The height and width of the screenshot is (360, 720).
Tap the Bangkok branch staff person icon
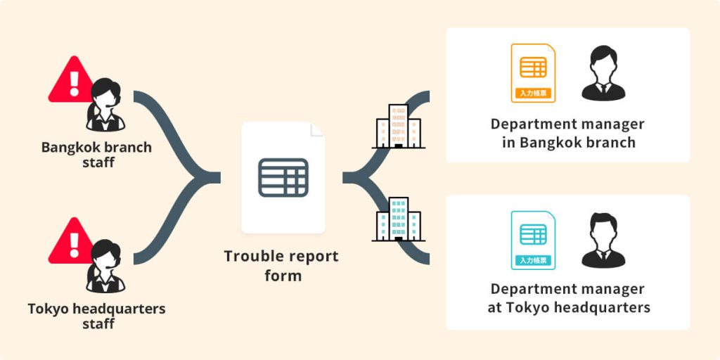click(x=105, y=105)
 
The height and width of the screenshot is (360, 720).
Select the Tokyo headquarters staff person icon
click(x=105, y=266)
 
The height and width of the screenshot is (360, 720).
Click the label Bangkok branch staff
click(x=96, y=155)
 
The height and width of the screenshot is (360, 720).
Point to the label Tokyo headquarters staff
click(x=96, y=316)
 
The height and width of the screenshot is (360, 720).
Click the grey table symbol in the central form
click(x=283, y=178)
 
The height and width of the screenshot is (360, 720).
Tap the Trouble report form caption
click(x=281, y=266)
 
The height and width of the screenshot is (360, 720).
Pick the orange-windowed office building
click(x=398, y=127)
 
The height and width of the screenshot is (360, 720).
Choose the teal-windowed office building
click(x=398, y=219)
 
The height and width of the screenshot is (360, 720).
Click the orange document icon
click(x=533, y=73)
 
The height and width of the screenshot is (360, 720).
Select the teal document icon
click(x=533, y=240)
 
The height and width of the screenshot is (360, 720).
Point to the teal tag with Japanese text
click(x=533, y=260)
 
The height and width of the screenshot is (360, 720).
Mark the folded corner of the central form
click(x=317, y=130)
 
